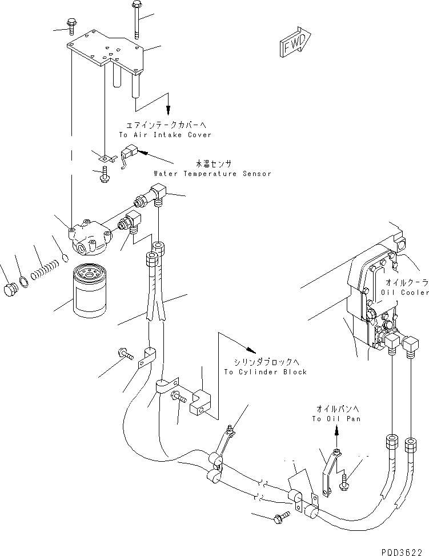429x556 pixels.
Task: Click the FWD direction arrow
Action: point(295,42)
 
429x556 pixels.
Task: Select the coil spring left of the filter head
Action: point(45,269)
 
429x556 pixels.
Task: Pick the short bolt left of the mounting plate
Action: point(71,27)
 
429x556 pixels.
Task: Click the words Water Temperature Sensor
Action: point(213,174)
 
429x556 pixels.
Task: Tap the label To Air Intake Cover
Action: point(165,135)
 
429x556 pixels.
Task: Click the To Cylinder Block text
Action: point(265,372)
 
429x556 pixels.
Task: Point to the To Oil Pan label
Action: point(336,419)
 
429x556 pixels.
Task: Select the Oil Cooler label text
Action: point(405,293)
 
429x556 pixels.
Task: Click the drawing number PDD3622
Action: point(402,552)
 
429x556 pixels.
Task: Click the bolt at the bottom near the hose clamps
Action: point(282,517)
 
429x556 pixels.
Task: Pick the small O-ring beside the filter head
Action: point(65,258)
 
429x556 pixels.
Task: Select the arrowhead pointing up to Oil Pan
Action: point(336,430)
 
